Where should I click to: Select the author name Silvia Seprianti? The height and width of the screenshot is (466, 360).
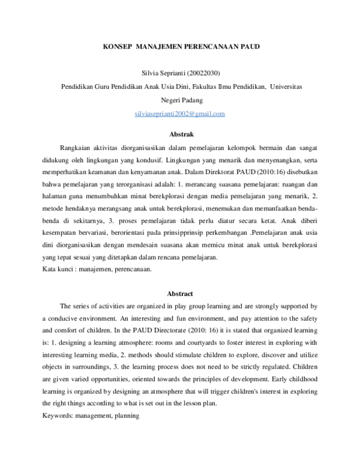(x=157, y=74)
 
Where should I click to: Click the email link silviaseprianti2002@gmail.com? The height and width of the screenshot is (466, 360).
(x=180, y=113)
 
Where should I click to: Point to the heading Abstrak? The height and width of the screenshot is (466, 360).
(x=180, y=134)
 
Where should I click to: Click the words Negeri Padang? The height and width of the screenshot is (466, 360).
(x=180, y=100)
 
